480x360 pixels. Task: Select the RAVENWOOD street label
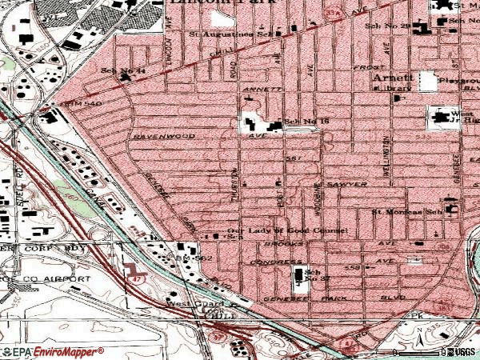(x=165, y=136)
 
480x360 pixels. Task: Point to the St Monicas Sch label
(x=406, y=213)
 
